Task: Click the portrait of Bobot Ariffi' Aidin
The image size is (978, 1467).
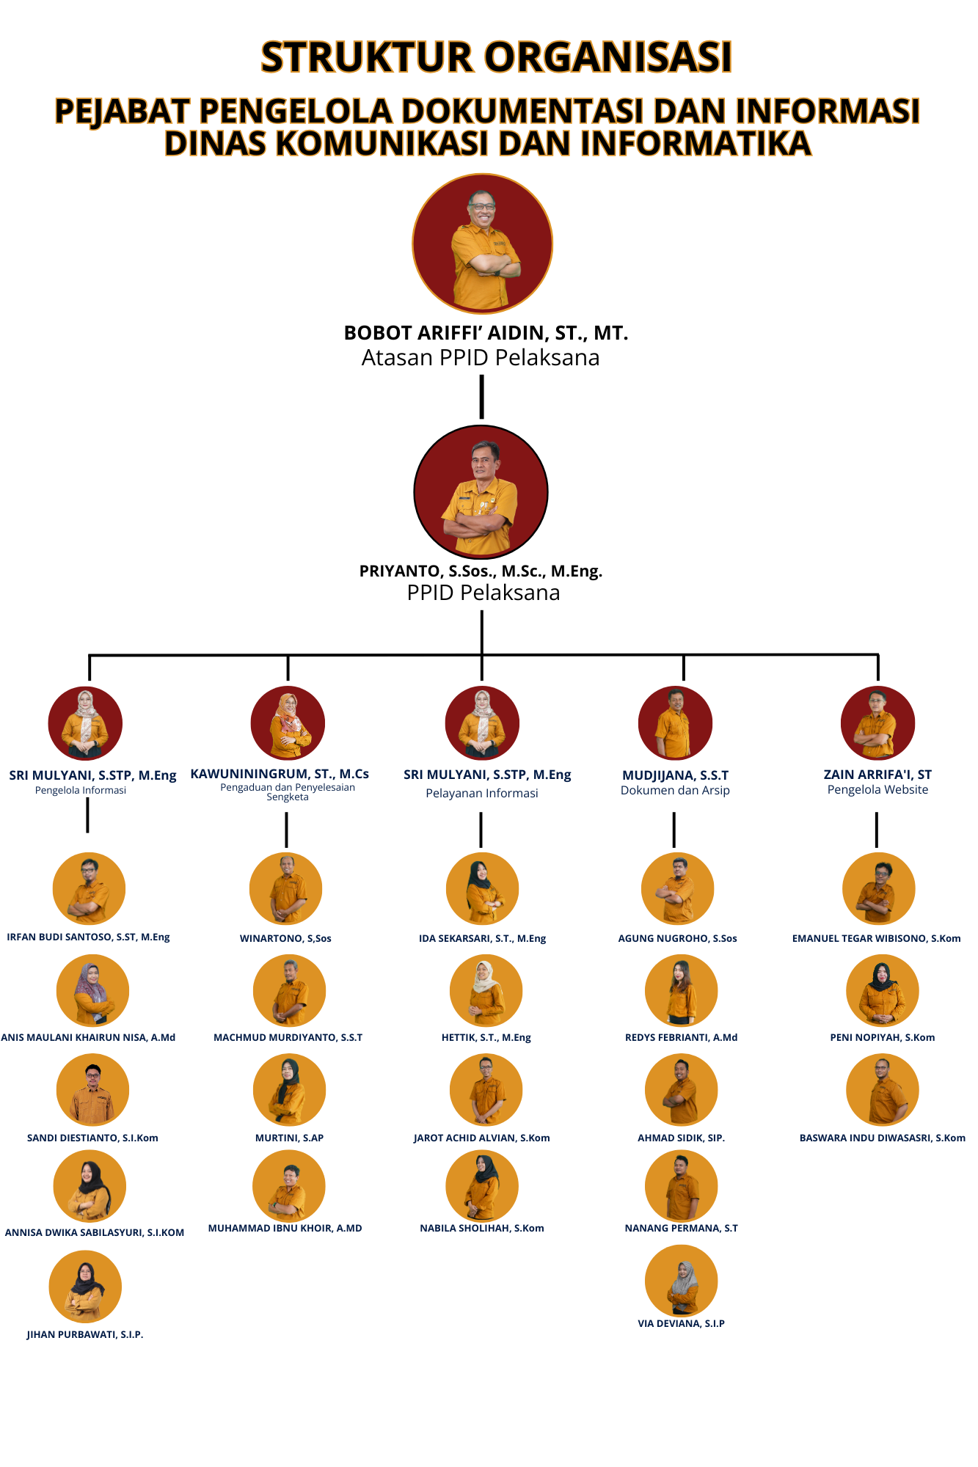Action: (482, 244)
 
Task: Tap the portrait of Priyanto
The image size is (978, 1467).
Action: (481, 492)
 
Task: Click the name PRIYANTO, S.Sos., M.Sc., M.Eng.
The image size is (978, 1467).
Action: (481, 571)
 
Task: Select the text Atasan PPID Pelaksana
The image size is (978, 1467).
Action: (481, 358)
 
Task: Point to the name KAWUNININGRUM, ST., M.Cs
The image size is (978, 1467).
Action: (280, 774)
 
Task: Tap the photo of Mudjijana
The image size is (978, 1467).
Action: (675, 723)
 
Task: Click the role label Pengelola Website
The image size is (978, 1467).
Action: (877, 790)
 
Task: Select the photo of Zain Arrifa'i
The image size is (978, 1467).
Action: (877, 723)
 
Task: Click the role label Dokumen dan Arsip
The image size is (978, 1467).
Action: (675, 791)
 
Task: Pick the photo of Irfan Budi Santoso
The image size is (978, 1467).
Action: (89, 888)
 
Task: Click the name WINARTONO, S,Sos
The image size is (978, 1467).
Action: (285, 939)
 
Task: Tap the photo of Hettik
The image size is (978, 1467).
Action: (486, 991)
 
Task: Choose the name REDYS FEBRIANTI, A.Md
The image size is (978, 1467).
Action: (681, 1038)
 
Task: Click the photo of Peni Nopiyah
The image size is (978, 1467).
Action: (882, 991)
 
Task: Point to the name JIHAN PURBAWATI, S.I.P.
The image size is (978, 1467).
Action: (85, 1335)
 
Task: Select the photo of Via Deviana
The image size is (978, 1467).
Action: (681, 1281)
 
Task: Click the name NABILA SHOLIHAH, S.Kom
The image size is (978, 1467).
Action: (482, 1229)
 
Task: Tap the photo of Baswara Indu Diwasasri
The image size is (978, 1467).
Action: (882, 1090)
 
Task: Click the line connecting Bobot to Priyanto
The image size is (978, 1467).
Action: (481, 397)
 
